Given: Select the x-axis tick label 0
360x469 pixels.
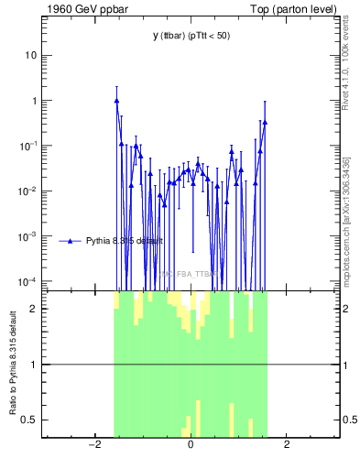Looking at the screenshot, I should pyautogui.click(x=191, y=446).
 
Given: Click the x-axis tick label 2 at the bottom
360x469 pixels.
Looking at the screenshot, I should pyautogui.click(x=287, y=446).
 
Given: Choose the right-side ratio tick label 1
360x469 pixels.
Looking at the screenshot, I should pyautogui.click(x=347, y=365).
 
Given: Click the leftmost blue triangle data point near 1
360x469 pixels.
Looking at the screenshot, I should pyautogui.click(x=116, y=101).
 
